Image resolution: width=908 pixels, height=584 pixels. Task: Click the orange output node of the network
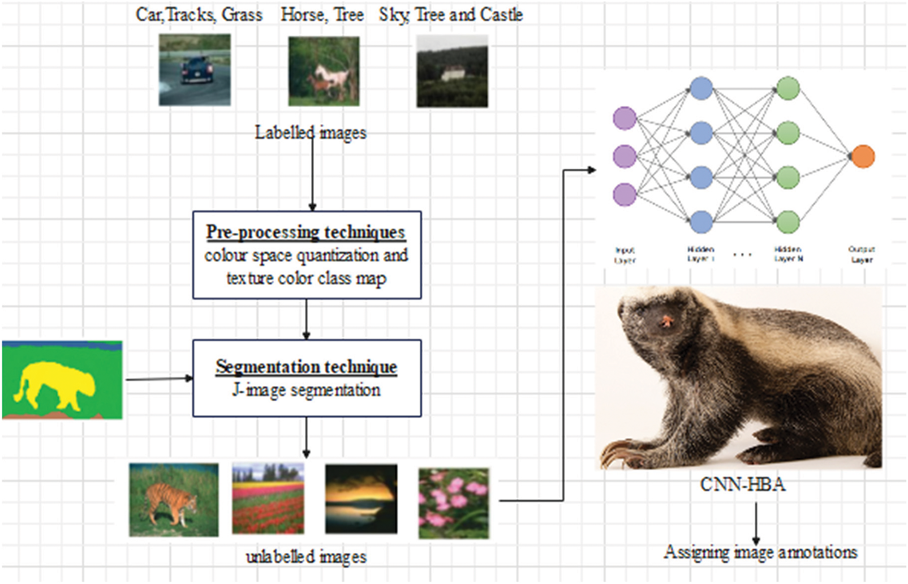tap(863, 156)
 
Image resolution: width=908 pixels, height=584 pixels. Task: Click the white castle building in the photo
tap(452, 73)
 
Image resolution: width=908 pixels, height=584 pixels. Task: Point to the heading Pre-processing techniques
tap(305, 232)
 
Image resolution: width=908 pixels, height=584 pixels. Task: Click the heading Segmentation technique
tap(306, 367)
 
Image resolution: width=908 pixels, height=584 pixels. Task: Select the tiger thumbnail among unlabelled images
tap(174, 500)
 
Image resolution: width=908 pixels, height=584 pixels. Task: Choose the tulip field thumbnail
tap(268, 499)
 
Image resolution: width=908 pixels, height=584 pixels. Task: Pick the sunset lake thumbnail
tap(361, 499)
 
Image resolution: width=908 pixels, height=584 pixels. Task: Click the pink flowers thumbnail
tap(454, 503)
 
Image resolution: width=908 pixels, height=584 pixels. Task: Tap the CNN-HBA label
tap(743, 485)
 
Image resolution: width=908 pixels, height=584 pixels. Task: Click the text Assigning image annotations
tap(760, 552)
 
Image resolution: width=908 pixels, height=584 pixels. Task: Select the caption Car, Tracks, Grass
tap(199, 15)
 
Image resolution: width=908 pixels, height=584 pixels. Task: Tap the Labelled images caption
tap(311, 132)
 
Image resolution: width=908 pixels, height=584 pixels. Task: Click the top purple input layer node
tap(625, 118)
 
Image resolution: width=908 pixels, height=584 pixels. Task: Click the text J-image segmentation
tap(306, 390)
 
